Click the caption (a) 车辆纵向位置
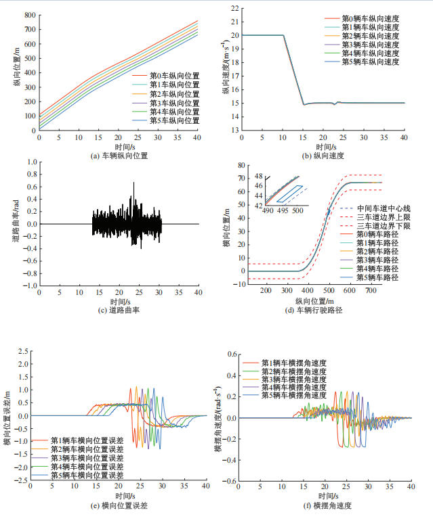[x=119, y=155]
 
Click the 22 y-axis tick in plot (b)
[x=234, y=9]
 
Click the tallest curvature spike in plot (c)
[x=133, y=183]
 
